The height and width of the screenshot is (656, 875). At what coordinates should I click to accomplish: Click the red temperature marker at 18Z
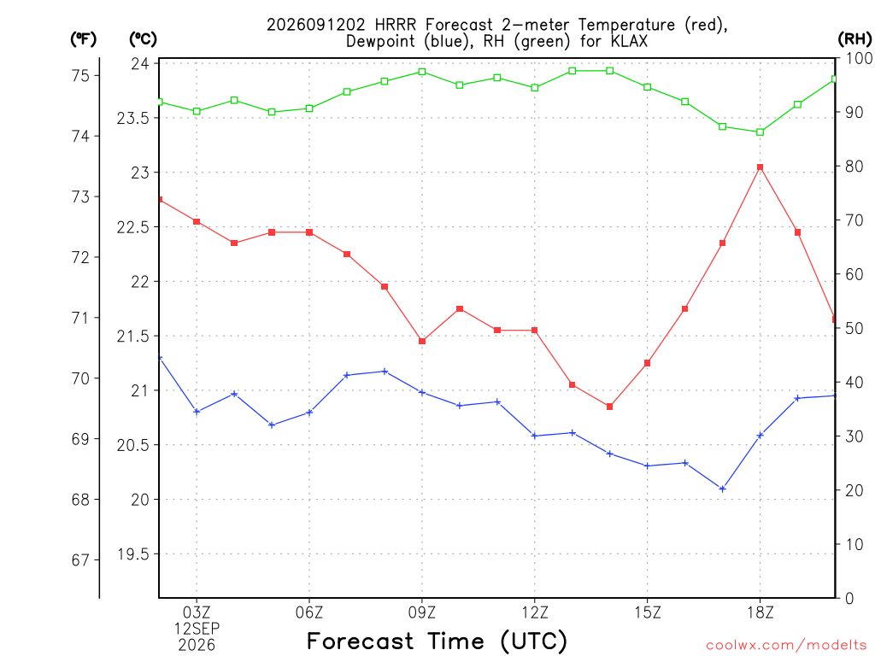point(760,167)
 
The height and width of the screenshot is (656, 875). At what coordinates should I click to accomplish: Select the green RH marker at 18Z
point(760,132)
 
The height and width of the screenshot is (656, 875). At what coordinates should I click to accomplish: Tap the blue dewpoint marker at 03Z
point(197,412)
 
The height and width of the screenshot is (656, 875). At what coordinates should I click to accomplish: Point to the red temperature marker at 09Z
point(422,341)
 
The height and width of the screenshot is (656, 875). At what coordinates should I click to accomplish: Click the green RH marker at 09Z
point(422,72)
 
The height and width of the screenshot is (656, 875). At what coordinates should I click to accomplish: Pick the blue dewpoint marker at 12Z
point(535,436)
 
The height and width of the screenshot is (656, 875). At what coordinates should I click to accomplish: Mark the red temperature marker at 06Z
point(309,232)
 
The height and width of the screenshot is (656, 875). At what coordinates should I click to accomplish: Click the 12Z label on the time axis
point(535,613)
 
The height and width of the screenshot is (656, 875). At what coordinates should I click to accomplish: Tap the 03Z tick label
point(197,613)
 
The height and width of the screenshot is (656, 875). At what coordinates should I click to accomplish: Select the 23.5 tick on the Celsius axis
point(132,118)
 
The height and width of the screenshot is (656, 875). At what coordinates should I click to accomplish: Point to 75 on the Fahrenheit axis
point(81,75)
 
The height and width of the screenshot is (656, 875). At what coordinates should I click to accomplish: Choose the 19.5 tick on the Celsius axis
point(132,553)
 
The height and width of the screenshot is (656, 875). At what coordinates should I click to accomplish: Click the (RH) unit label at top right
point(854,39)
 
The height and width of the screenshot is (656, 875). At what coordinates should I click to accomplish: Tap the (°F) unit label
point(83,39)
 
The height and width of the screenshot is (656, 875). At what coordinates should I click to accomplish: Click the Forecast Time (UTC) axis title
point(437,641)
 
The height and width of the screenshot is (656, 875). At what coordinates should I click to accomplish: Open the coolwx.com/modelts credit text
point(786,646)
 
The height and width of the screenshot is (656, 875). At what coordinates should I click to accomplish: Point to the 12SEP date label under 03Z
point(197,629)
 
